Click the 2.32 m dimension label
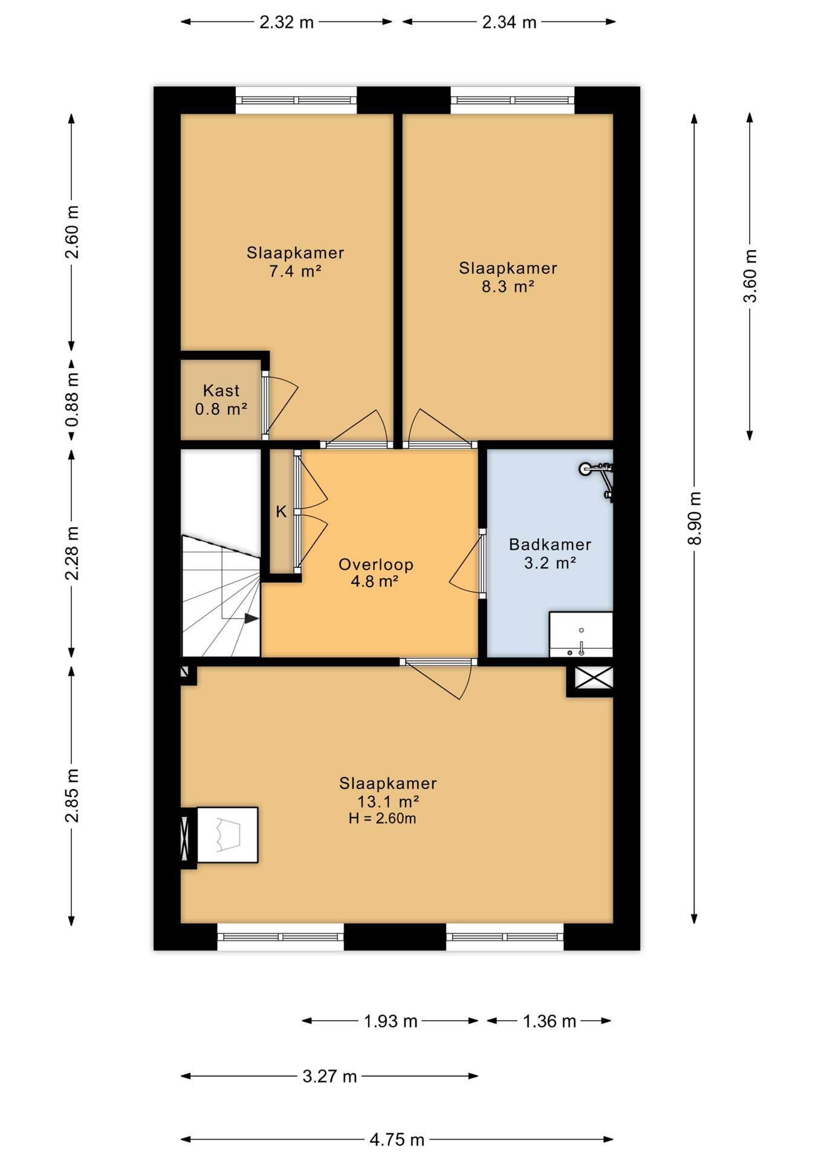click(x=287, y=22)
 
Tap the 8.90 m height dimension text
click(x=695, y=518)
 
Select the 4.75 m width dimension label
click(x=397, y=1140)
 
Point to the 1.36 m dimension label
click(x=549, y=1021)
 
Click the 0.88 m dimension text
click(x=72, y=399)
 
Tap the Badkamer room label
click(x=550, y=544)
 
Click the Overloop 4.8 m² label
click(x=375, y=573)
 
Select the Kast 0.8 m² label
click(x=221, y=400)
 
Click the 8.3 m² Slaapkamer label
click(x=508, y=277)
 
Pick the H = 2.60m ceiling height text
click(x=382, y=819)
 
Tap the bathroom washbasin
click(x=581, y=635)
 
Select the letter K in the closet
click(x=281, y=512)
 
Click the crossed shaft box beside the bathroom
click(x=594, y=677)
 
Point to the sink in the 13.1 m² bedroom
click(x=227, y=834)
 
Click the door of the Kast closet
click(x=280, y=405)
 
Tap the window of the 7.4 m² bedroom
click(x=296, y=100)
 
